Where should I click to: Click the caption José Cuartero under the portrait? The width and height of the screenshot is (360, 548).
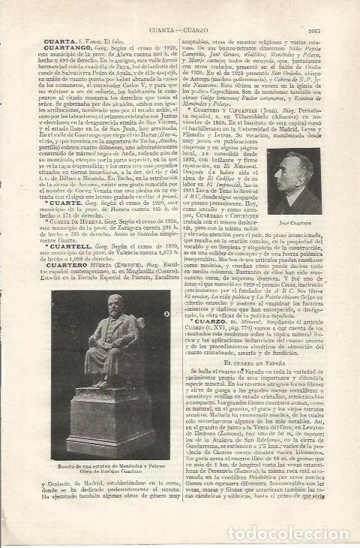304,225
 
